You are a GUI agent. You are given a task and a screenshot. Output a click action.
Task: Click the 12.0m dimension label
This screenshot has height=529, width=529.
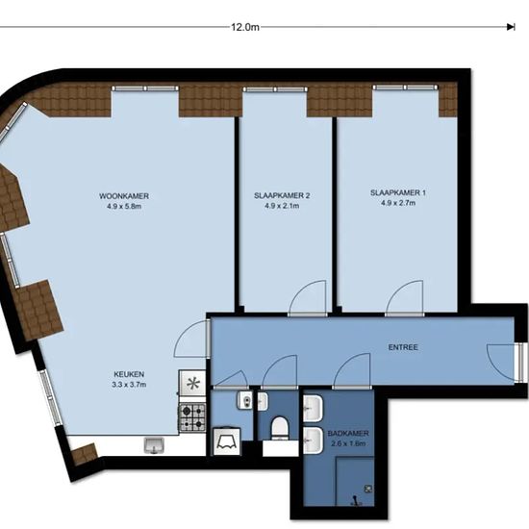coord(245,27)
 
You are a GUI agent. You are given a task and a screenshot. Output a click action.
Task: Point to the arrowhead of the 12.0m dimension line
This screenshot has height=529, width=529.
coord(511,27)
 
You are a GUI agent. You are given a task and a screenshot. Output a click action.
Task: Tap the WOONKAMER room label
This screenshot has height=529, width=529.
coord(124,196)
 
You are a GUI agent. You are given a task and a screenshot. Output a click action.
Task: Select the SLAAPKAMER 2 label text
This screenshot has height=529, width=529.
coord(282,195)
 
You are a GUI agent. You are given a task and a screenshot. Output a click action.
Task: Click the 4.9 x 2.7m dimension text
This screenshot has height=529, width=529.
coord(398,203)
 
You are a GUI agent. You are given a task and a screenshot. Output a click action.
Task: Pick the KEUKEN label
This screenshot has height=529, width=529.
coord(129,374)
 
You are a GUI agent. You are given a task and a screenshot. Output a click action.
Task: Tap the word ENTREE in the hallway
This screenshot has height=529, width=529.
coord(403,347)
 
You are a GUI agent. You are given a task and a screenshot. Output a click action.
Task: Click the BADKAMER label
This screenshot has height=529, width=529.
coord(348,433)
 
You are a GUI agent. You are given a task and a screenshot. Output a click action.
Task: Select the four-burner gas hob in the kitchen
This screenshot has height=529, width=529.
coord(192,417)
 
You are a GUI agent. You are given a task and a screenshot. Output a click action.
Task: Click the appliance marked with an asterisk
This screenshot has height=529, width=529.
coord(192,383)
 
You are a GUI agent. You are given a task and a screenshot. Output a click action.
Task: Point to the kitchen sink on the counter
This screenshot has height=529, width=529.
coord(154,445)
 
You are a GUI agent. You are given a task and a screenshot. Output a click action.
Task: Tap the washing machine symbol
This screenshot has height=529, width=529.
coord(227,441)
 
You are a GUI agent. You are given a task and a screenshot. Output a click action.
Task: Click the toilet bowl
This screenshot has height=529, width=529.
coord(280,428)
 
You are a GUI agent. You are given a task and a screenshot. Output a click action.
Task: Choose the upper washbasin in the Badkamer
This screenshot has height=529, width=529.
coord(313,409)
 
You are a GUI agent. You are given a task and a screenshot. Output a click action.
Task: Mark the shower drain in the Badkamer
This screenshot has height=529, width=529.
coord(368,489)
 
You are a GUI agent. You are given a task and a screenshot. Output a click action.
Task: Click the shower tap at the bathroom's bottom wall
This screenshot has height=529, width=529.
coord(355,501)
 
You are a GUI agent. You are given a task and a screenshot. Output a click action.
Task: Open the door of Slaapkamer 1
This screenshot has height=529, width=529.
coord(405,298)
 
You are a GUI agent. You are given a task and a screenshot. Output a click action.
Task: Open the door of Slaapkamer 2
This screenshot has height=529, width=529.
coord(308,298)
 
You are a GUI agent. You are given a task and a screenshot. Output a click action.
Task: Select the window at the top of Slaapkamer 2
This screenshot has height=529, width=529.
coord(275,89)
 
